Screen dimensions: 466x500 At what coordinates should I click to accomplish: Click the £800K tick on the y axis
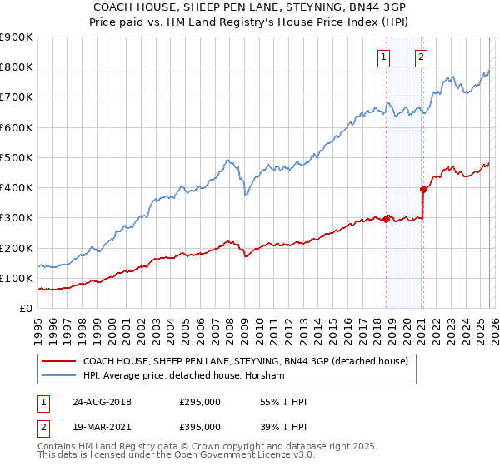pyautogui.click(x=17, y=67)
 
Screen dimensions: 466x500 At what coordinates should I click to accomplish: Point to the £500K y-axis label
pyautogui.click(x=17, y=158)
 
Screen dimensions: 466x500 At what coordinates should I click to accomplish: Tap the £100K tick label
pyautogui.click(x=17, y=279)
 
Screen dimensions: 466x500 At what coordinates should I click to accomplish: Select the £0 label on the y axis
pyautogui.click(x=25, y=309)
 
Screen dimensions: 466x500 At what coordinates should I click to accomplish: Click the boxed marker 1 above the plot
pyautogui.click(x=384, y=57)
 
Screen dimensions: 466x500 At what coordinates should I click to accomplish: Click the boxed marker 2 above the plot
pyautogui.click(x=421, y=57)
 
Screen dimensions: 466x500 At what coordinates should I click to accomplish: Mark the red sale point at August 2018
pyautogui.click(x=387, y=219)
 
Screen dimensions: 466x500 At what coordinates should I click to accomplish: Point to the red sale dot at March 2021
pyautogui.click(x=423, y=189)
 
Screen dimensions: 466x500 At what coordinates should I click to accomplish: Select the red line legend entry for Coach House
pyautogui.click(x=245, y=362)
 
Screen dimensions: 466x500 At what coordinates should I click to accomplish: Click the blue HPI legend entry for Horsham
pyautogui.click(x=183, y=376)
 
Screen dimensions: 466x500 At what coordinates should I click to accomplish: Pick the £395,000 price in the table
pyautogui.click(x=199, y=427)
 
